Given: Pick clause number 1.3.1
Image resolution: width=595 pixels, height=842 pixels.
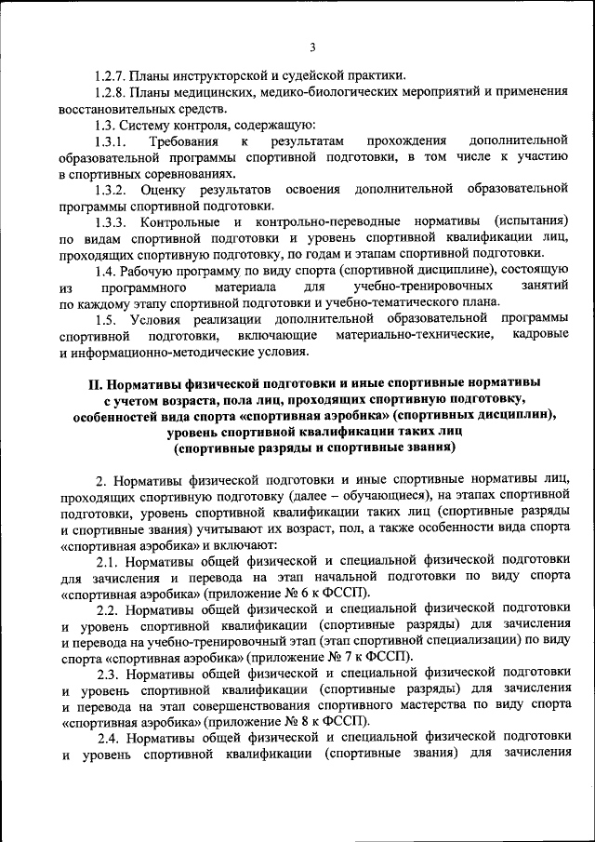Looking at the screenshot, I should point(111,141).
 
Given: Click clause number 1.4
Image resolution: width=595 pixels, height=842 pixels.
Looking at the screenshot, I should point(105,271).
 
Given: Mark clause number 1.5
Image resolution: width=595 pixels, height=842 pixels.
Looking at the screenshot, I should point(105,319).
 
